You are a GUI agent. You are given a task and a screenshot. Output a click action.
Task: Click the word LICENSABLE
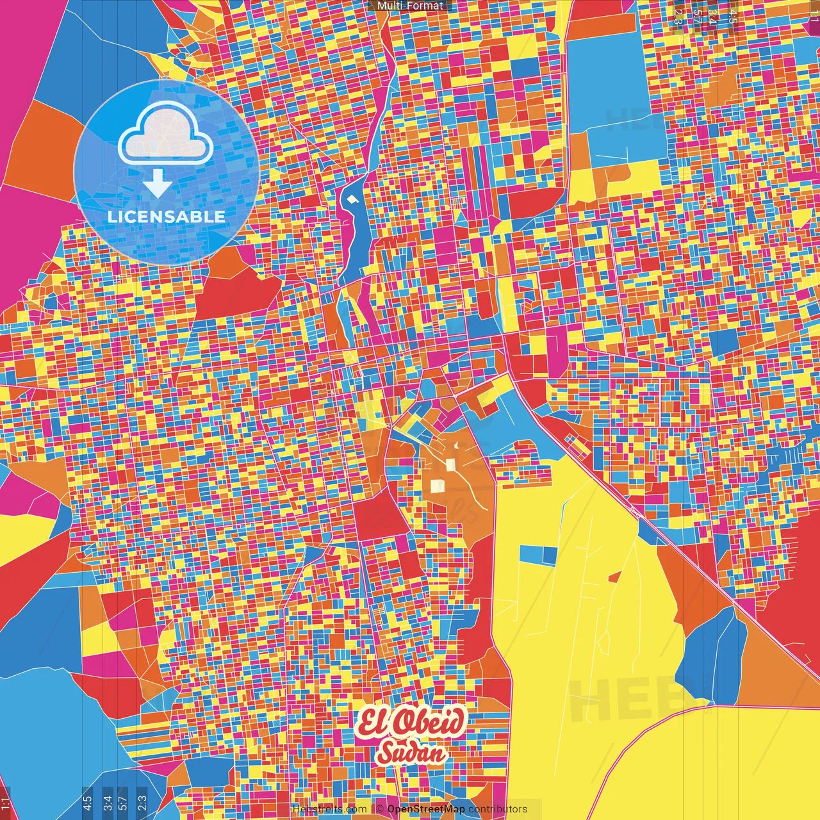(166, 217)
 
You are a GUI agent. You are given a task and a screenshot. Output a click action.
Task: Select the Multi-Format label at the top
(410, 6)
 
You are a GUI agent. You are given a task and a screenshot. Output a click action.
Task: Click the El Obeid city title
(410, 723)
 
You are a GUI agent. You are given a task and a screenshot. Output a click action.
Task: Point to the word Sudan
(411, 752)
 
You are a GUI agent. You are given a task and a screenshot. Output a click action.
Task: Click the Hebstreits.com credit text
(329, 809)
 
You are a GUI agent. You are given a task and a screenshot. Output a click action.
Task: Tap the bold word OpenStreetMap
(426, 809)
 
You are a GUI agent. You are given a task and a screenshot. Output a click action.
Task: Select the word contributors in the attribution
(498, 809)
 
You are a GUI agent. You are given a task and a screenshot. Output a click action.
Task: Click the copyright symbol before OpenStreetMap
(380, 809)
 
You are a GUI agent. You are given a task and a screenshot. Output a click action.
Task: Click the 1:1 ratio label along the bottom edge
(5, 803)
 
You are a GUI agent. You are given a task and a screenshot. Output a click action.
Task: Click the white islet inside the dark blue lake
(350, 200)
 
